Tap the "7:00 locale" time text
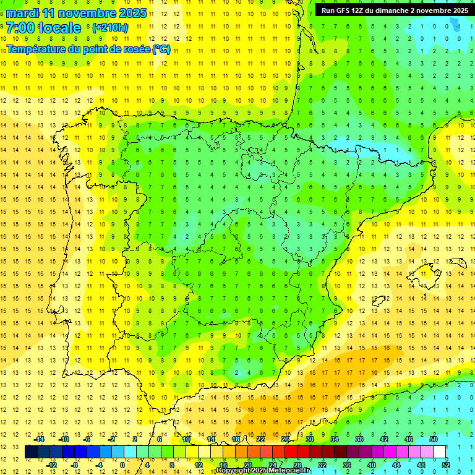click(43, 28)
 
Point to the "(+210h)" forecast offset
click(110, 28)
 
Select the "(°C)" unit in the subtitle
click(161, 49)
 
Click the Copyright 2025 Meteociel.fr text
click(263, 471)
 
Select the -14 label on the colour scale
click(40, 439)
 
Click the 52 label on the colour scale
click(447, 464)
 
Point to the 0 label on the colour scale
click(122, 464)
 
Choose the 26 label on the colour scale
click(285, 439)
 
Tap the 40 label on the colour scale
click(372, 464)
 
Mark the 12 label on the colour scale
click(199, 464)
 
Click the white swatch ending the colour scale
click(440, 451)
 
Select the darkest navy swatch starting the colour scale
click(31, 451)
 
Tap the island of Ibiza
click(379, 301)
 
